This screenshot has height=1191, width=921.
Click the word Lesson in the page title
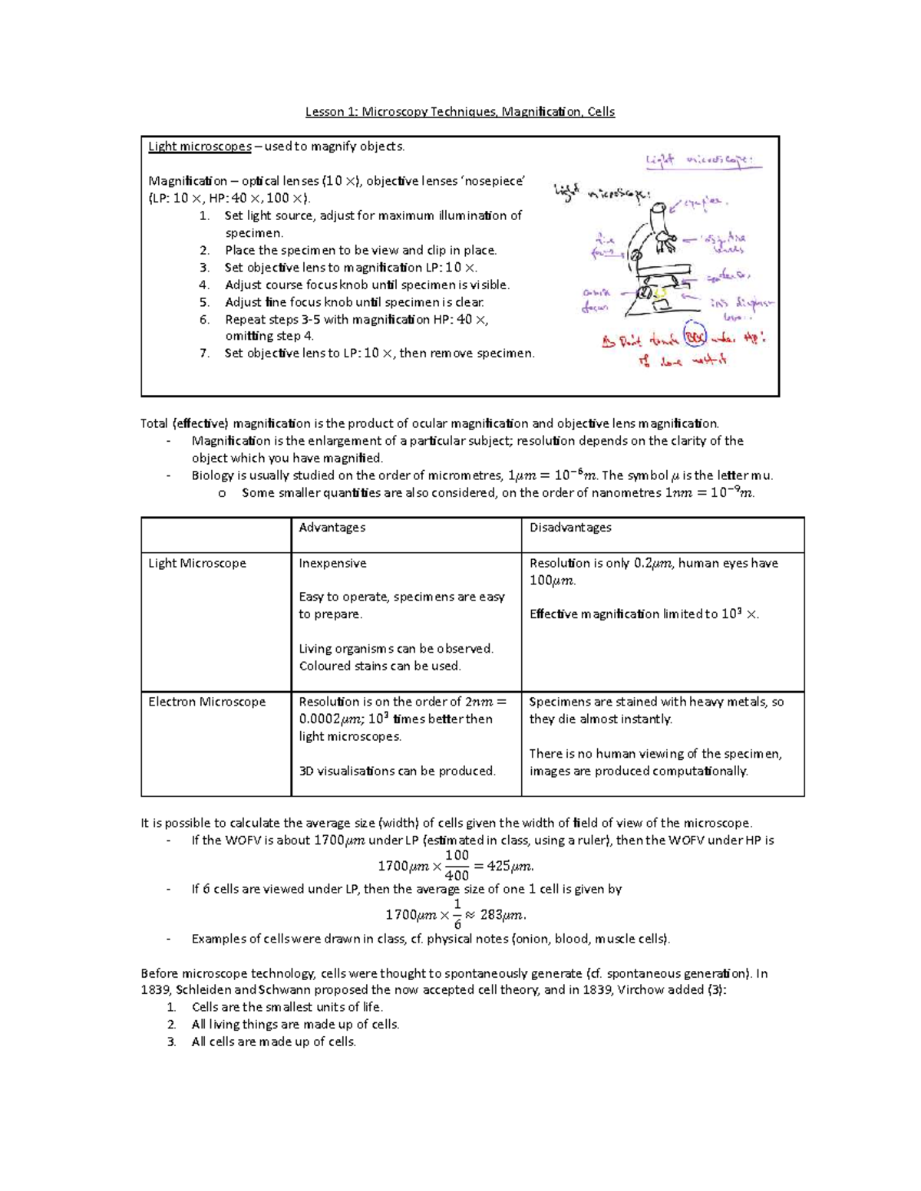click(x=325, y=112)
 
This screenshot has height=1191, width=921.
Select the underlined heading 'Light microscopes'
click(x=200, y=146)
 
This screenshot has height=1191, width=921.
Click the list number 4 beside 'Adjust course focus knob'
click(x=204, y=285)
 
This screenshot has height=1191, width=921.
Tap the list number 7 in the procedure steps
click(x=204, y=354)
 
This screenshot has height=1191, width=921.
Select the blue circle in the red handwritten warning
click(x=695, y=335)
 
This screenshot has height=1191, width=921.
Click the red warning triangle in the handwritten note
click(x=608, y=343)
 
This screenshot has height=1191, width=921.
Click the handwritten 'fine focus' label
click(x=603, y=245)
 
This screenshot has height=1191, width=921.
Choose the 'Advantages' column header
click(x=332, y=528)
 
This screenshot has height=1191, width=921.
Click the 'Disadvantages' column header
click(x=570, y=528)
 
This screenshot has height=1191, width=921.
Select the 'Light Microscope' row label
click(x=197, y=563)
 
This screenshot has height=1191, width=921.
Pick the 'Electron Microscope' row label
click(x=206, y=702)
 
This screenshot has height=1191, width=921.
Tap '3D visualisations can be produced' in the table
click(x=397, y=771)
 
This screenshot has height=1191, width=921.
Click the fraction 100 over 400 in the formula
click(x=457, y=865)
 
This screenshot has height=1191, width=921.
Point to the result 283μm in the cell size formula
click(x=503, y=914)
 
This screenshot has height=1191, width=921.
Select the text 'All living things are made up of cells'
click(x=295, y=1025)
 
